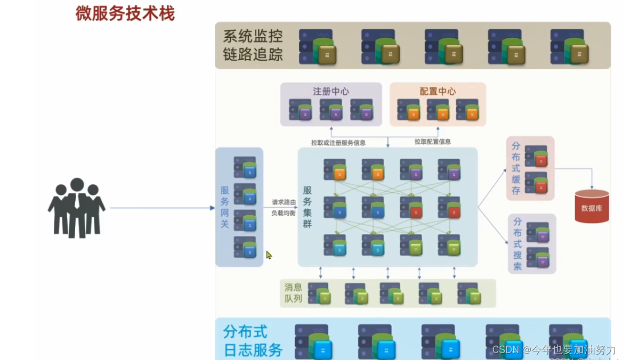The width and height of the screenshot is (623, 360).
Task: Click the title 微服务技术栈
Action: [125, 13]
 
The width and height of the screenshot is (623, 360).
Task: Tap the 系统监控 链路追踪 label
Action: [253, 45]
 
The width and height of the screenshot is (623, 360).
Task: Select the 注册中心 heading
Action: [330, 91]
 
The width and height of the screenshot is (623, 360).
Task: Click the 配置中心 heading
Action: [438, 91]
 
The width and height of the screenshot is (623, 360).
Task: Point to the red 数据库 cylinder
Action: [592, 206]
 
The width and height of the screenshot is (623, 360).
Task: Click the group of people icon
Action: [77, 208]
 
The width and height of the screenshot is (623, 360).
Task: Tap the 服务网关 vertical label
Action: [224, 207]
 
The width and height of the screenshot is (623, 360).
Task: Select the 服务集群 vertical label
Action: [307, 207]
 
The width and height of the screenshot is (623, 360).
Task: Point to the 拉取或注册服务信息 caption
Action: [338, 142]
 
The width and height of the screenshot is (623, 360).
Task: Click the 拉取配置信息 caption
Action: [433, 142]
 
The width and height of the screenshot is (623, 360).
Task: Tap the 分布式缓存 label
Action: [516, 168]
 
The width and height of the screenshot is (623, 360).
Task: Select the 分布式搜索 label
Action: [517, 243]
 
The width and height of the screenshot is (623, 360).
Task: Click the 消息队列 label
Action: [293, 293]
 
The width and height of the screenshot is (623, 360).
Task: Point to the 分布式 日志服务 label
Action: [253, 340]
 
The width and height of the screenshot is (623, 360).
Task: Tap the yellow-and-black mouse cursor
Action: [269, 255]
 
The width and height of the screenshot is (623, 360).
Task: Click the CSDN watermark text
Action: [554, 349]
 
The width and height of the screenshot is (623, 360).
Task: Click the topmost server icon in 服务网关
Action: [245, 167]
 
